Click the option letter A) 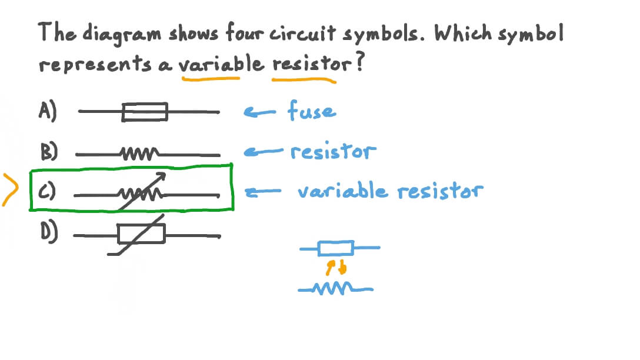48,111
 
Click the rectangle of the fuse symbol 145,112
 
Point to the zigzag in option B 138,155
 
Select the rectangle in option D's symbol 141,234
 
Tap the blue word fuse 312,111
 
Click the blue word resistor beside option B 332,152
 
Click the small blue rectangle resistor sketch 335,248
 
